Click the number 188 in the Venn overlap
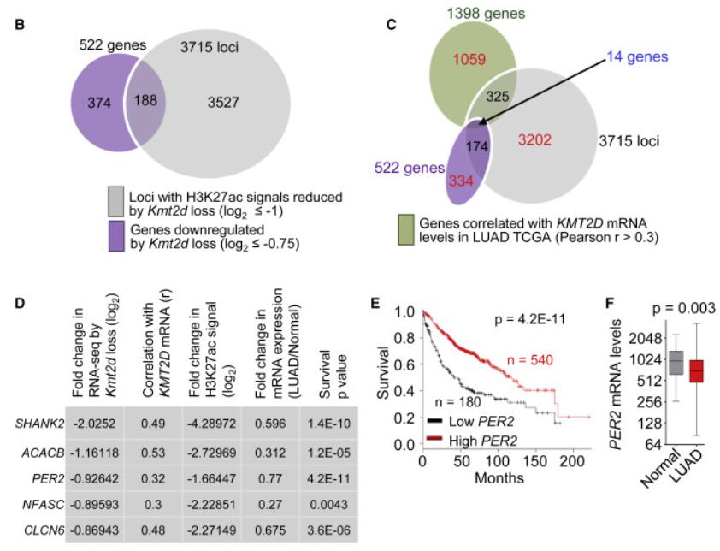(x=146, y=100)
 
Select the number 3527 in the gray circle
(x=223, y=102)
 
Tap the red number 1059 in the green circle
(x=469, y=59)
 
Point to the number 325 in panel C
(x=498, y=96)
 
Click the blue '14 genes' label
(x=637, y=56)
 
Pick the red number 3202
(x=534, y=139)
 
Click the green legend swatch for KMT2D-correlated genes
(x=406, y=229)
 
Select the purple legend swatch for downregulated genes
(x=116, y=236)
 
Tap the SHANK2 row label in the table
(x=40, y=424)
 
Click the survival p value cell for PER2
(x=328, y=478)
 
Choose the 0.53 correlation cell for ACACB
(x=153, y=453)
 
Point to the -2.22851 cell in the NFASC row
(x=211, y=504)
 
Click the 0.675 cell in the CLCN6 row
(x=270, y=530)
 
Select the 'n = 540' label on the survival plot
(x=530, y=360)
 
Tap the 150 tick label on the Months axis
(x=536, y=460)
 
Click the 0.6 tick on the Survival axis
(x=404, y=364)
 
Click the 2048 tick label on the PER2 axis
(x=646, y=339)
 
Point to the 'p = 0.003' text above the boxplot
(x=684, y=308)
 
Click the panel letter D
(x=20, y=303)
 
